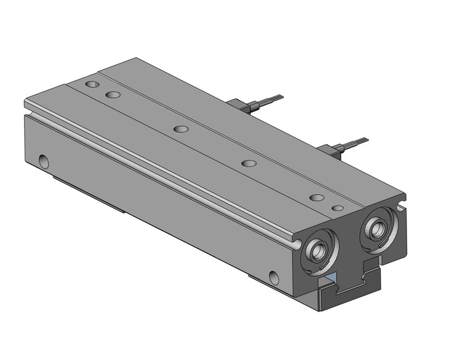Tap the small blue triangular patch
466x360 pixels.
332,278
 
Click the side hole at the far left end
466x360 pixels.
44,161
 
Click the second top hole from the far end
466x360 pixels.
112,94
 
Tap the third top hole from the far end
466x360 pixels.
180,129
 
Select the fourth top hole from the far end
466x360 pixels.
248,163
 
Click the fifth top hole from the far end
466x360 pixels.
316,197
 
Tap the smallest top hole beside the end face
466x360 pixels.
337,208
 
